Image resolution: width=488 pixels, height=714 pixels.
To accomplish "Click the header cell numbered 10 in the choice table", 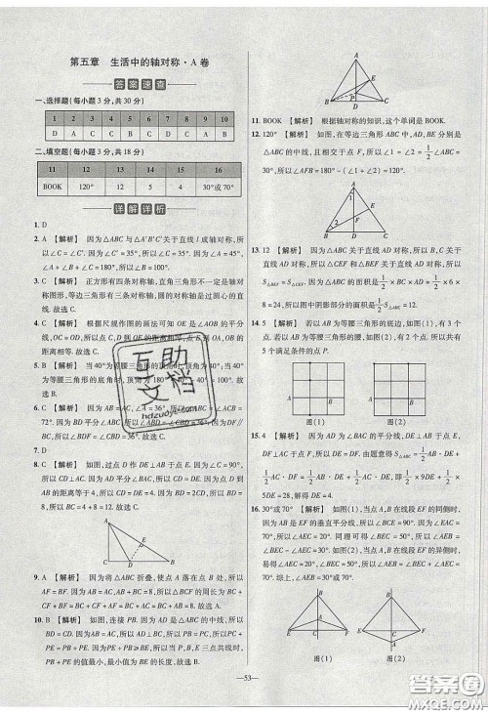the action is [x=224, y=118].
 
